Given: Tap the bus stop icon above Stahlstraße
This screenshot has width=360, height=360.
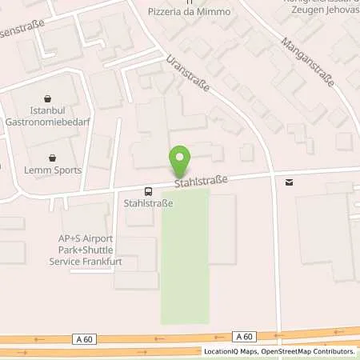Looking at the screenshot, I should [149, 191].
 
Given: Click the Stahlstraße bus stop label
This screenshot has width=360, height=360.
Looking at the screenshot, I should [149, 203].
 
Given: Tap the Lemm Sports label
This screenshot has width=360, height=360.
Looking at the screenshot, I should [52, 170].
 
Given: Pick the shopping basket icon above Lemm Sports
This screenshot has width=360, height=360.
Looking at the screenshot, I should [52, 158].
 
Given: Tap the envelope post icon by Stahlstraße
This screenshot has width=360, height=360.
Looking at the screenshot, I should [289, 182].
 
